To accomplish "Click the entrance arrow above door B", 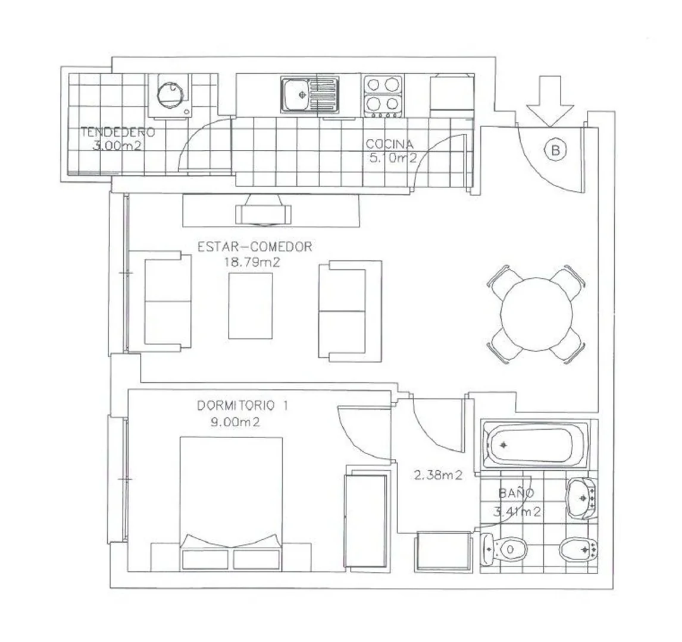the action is pos(550,101).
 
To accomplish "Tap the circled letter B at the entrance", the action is pos(555,150).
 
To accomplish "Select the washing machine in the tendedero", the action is pos(170,95).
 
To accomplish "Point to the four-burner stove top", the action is pos(383,96).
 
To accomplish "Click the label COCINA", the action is pos(389,144).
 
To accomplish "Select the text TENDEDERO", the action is pos(117,132).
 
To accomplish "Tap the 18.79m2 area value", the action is pos(252,262).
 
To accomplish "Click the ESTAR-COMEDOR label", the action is pos(255,247).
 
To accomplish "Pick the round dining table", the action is pos(536,314).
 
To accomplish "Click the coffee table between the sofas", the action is pos(251,306).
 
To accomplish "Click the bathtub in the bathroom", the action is pos(536,444).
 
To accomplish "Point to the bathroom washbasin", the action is pos(582,498).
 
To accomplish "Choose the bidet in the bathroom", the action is pos(578,550).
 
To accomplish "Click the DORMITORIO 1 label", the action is pos(242,405).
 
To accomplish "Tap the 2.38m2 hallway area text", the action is pos(437,475).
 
